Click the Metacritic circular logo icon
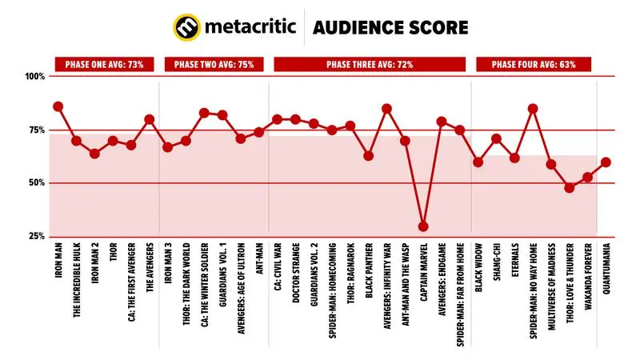187,28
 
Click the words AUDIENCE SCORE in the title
391,28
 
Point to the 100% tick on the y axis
36,77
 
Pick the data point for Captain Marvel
423,226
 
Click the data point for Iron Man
58,106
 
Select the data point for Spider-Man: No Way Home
533,109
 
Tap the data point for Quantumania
606,162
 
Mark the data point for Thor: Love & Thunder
570,188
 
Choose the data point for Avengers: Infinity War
386,109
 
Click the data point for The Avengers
149,119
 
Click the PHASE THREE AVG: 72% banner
370,64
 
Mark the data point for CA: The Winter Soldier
204,113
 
